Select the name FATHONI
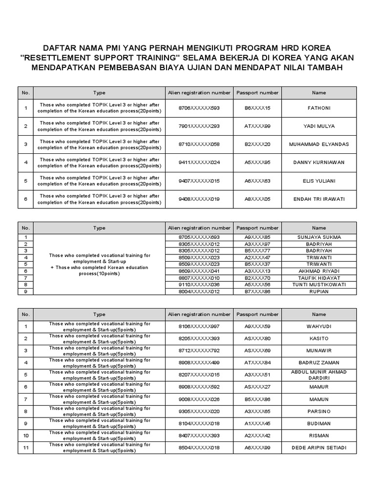tap(319, 108)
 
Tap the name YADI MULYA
tap(319, 126)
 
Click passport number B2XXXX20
tap(257, 145)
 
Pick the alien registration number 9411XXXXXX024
tap(199, 163)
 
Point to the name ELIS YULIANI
tap(319, 181)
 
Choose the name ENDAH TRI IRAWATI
tap(319, 199)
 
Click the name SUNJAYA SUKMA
tap(319, 237)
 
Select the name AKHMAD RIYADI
tap(319, 271)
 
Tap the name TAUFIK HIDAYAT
tap(319, 278)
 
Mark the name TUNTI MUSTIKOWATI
tap(319, 285)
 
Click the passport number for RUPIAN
tap(257, 292)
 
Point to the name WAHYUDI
tap(319, 326)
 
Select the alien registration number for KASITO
tap(199, 338)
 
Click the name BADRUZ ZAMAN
tap(319, 363)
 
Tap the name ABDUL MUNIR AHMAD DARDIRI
tap(319, 375)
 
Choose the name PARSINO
tap(319, 411)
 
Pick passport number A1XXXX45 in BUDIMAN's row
tap(257, 423)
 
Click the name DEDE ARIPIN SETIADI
tap(319, 448)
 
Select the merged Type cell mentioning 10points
tap(99, 264)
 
